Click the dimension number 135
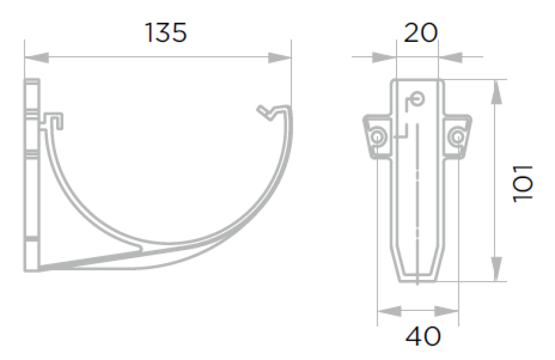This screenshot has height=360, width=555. tap(166, 33)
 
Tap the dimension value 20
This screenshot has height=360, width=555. tap(420, 33)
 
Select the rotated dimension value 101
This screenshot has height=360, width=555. tap(523, 183)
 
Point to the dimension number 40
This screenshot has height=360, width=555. tap(423, 336)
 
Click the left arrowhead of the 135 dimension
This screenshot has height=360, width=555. tap(37, 58)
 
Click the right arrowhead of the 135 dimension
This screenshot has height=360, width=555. tap(280, 58)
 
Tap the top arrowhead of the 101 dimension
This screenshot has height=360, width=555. tap(497, 92)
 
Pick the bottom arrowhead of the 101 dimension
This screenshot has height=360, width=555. tap(497, 270)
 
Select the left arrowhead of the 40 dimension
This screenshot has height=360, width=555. tap(389, 311)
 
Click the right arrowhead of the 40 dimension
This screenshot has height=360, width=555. tap(447, 311)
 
